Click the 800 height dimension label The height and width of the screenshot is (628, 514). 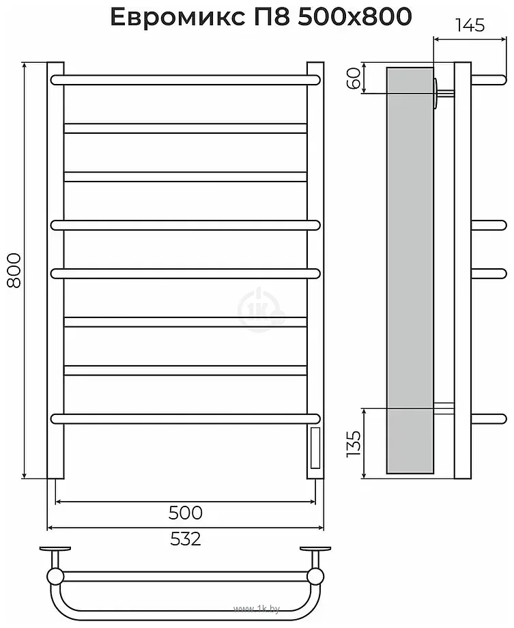(14, 270)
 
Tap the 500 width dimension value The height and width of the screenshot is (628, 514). (186, 513)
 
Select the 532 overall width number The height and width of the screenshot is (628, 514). (186, 539)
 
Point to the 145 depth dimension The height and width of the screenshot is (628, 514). (470, 26)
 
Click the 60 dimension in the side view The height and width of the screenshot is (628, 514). (354, 78)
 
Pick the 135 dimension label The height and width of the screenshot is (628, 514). (354, 444)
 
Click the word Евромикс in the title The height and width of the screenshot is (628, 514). (177, 17)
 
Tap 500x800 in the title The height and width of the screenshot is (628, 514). (355, 17)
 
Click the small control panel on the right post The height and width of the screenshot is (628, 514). (315, 448)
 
